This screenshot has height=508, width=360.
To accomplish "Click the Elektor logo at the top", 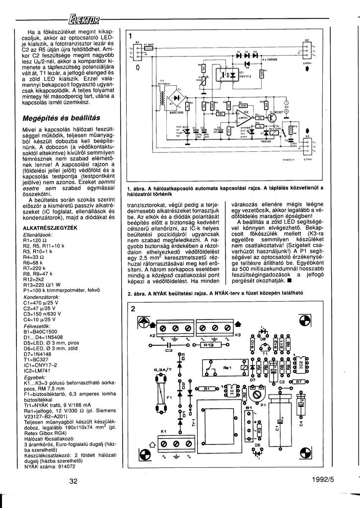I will (x=85, y=20).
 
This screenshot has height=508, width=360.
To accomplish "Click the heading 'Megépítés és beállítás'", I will (x=62, y=118).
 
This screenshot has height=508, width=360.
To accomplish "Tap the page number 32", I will (x=73, y=480).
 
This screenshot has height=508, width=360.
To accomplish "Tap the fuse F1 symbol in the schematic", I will (x=148, y=48).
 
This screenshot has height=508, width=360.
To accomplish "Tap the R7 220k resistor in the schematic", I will (x=243, y=106).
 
